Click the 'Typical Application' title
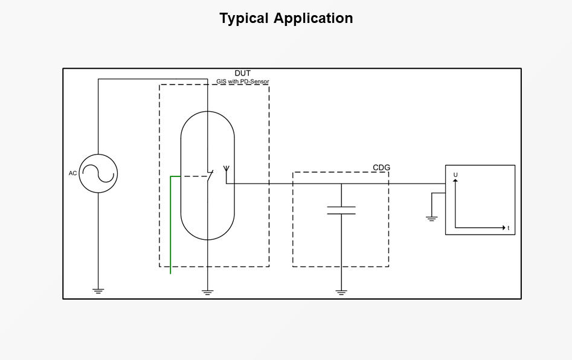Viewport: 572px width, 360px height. [286, 18]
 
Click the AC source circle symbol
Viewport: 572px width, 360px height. [98, 173]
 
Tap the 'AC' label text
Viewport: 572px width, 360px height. [73, 173]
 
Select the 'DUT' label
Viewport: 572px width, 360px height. [243, 73]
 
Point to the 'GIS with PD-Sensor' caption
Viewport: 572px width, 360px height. [243, 82]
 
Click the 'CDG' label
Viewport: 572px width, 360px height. [381, 167]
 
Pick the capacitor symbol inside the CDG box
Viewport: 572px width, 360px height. [341, 210]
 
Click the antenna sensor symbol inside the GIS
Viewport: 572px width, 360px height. [227, 169]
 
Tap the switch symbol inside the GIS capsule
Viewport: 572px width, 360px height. [209, 176]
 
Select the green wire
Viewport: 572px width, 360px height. [171, 230]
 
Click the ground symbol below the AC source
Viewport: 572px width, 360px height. [98, 291]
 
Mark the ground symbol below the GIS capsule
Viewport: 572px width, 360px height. [208, 292]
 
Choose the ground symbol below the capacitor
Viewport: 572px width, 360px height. [341, 292]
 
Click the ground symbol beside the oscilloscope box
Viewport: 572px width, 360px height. [431, 218]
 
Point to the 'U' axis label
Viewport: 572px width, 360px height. [455, 175]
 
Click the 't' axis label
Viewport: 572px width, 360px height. [509, 228]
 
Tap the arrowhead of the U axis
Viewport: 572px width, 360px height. [455, 181]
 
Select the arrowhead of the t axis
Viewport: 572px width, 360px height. [503, 228]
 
